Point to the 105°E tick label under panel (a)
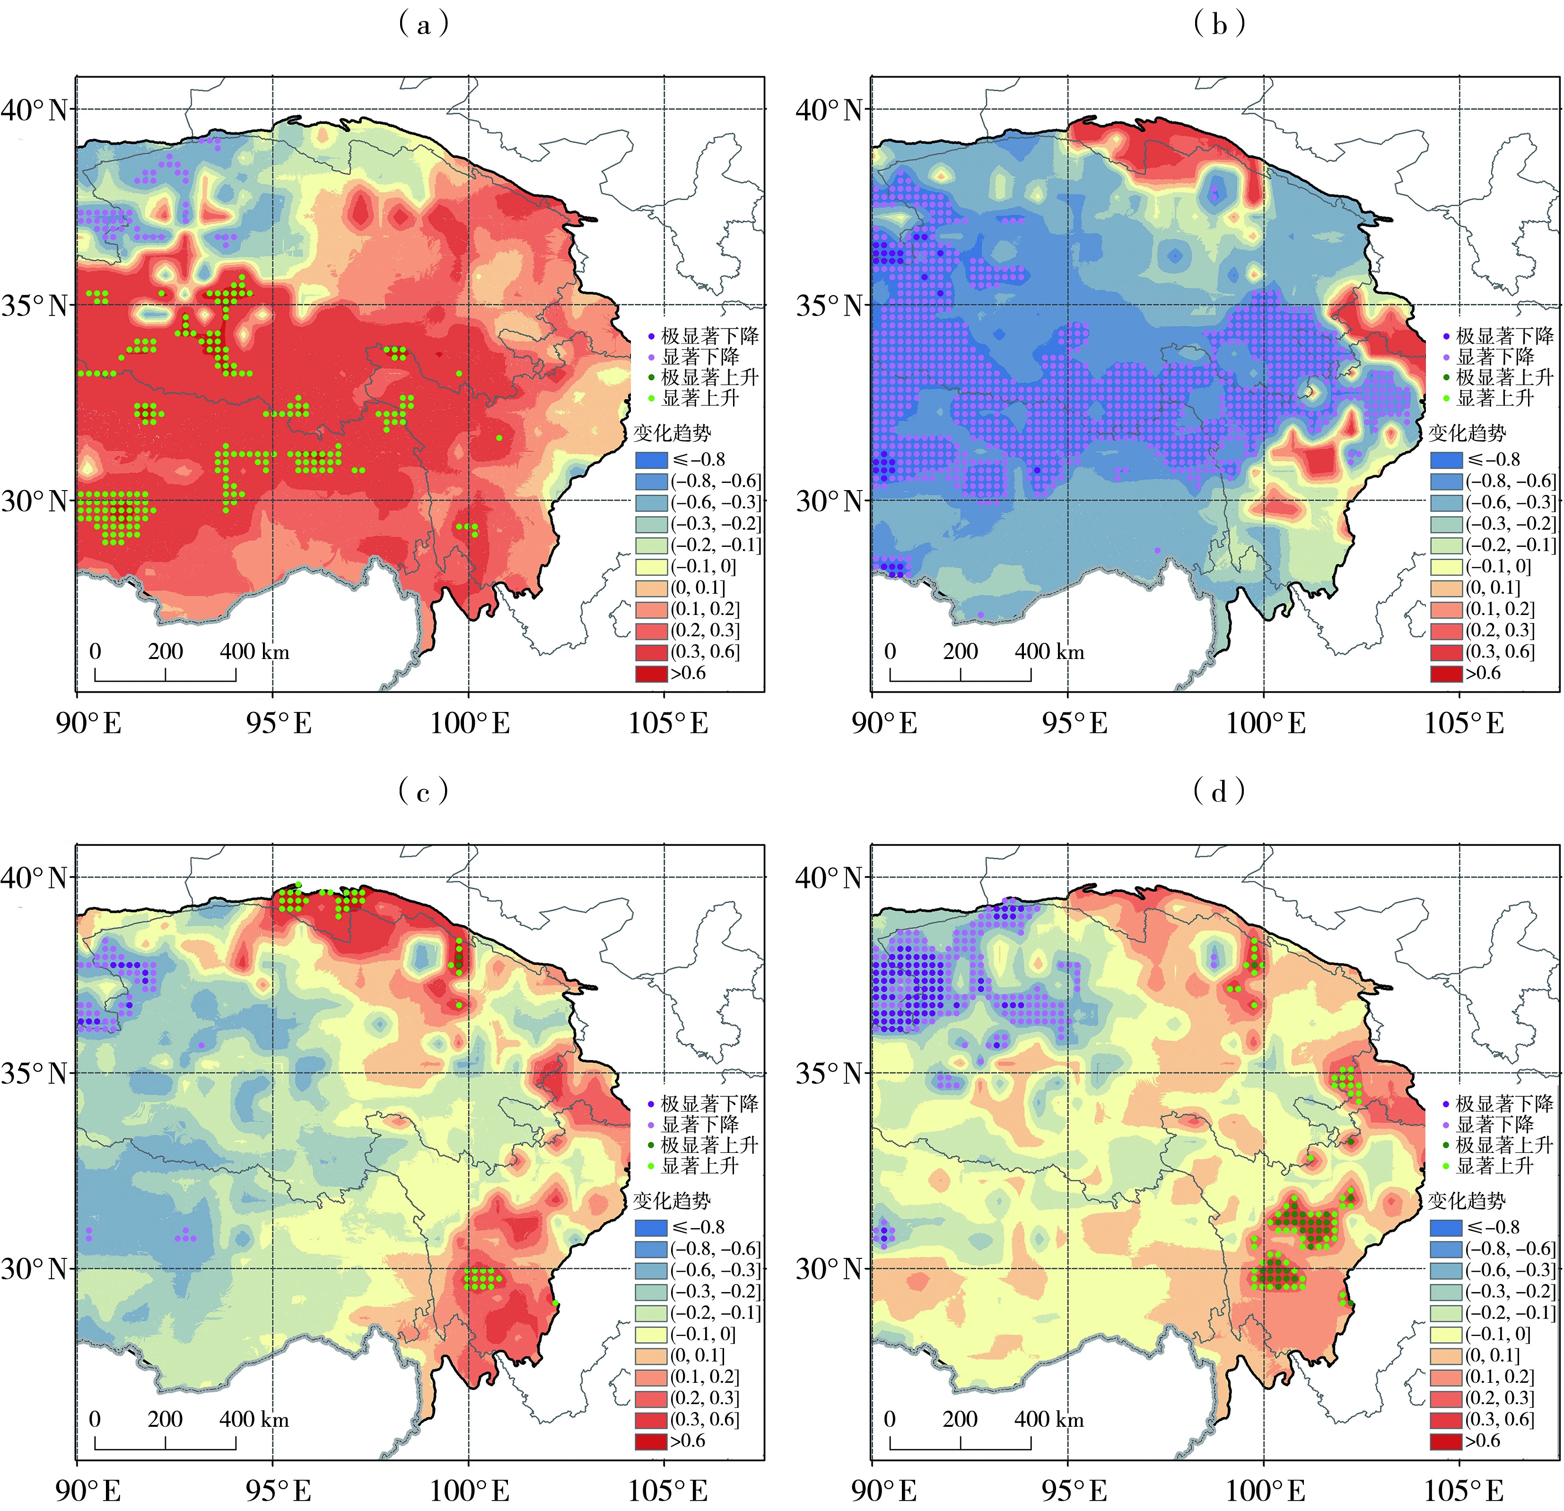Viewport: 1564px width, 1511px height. [x=669, y=723]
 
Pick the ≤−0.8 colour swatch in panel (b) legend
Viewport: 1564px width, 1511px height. [x=1446, y=460]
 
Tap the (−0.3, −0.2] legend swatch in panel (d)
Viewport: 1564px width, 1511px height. [x=1446, y=1291]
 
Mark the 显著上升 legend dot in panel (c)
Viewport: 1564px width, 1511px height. [x=651, y=1166]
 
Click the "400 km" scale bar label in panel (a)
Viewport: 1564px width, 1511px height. [x=254, y=651]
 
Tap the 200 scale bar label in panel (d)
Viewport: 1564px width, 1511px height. [x=960, y=1419]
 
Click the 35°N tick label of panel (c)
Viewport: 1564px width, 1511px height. [x=35, y=1073]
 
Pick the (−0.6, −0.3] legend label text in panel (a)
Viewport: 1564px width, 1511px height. [x=716, y=502]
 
